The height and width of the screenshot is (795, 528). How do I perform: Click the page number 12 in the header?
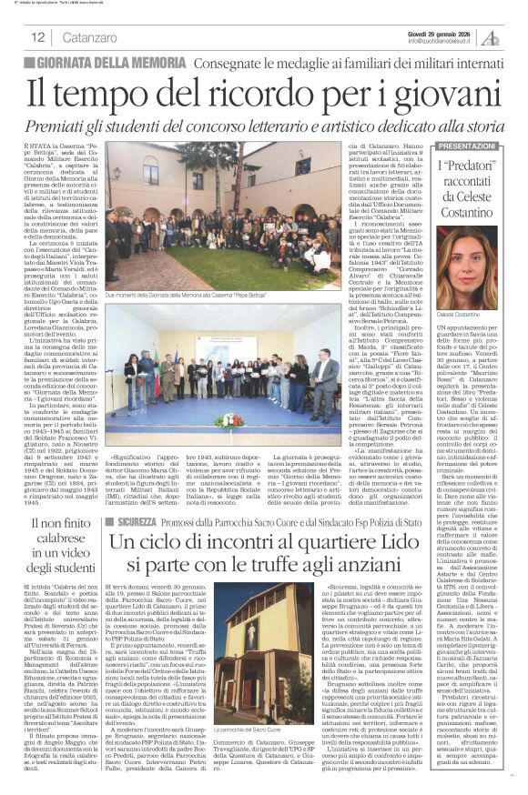pyautogui.click(x=38, y=37)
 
